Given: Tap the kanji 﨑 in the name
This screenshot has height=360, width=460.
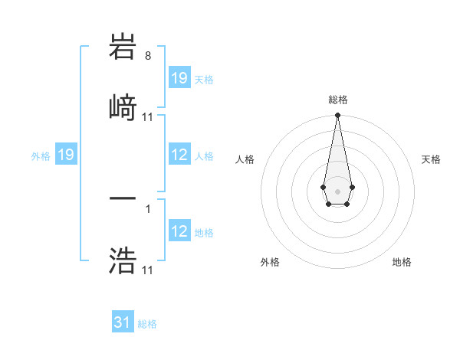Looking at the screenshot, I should (x=123, y=106).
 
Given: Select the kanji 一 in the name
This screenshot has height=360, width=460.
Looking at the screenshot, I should (x=123, y=201).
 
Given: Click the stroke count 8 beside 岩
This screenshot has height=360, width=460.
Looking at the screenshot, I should (x=148, y=56).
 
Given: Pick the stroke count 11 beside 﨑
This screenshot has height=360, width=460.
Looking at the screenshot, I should (x=148, y=117).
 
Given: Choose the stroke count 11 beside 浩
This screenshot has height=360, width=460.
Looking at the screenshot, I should (x=148, y=270).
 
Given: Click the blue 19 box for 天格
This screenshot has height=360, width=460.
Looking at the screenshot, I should (x=179, y=78).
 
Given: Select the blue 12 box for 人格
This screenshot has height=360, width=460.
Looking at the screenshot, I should (x=179, y=155).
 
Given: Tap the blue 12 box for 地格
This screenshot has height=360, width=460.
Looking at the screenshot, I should (x=179, y=231).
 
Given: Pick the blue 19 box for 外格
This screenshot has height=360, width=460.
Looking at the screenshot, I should (x=66, y=155).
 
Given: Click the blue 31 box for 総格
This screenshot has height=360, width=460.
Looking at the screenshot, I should (x=123, y=322).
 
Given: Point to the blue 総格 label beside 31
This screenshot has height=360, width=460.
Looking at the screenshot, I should (x=147, y=324).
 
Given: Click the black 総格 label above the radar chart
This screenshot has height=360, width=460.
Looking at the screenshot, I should (x=337, y=100).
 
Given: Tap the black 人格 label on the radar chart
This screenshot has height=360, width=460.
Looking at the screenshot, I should (x=245, y=159).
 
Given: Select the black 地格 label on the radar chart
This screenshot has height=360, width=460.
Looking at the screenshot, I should (x=402, y=262).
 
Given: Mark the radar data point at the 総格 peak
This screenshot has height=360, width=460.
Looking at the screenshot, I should (x=337, y=116).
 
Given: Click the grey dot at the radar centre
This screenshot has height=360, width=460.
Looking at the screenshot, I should (x=337, y=190).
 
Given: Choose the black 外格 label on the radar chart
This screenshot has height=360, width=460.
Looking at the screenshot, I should (x=270, y=262).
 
